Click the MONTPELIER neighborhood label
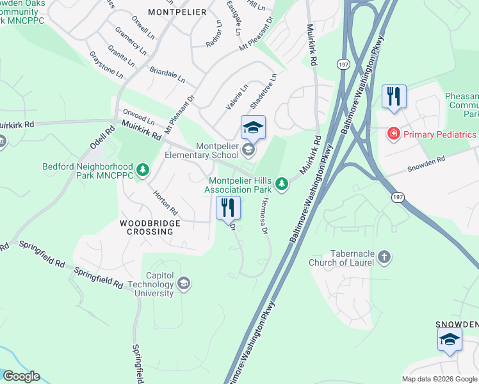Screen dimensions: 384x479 click(x=177, y=12)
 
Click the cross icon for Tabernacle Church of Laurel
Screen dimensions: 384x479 click(x=384, y=257)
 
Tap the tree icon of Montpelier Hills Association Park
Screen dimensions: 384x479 click(x=280, y=185)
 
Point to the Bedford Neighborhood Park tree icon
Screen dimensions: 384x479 click(x=143, y=170)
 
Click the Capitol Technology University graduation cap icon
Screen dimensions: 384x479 click(x=184, y=284)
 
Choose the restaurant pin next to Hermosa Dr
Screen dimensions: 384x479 click(x=227, y=207)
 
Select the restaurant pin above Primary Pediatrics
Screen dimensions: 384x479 click(x=393, y=97)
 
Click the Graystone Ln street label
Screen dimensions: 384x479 click(x=106, y=65)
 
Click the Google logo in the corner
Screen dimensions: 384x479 click(x=20, y=376)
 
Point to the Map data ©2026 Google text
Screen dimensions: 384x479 click(x=439, y=378)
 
